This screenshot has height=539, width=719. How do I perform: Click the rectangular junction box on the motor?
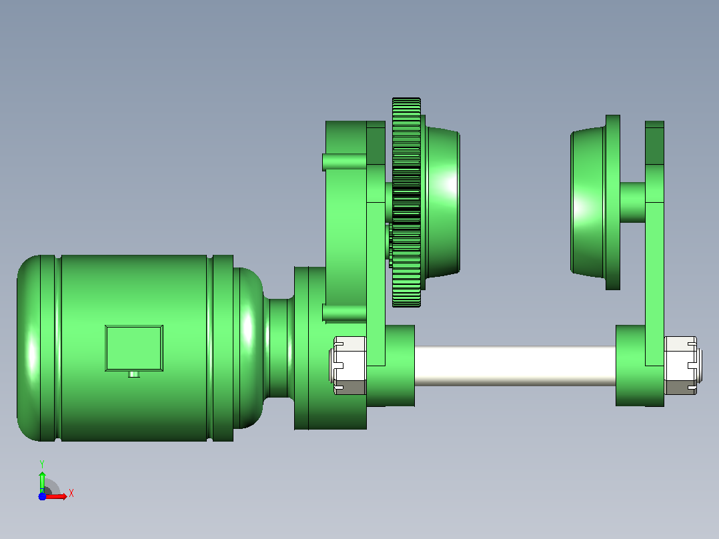point(134,348)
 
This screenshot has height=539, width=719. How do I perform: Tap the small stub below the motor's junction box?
point(134,374)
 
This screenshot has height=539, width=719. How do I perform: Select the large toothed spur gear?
point(406,202)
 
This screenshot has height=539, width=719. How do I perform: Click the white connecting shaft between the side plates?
point(515,366)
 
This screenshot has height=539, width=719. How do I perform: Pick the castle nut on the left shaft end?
point(348,366)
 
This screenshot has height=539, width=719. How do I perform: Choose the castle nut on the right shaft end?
point(682,366)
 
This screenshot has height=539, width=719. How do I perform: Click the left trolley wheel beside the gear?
point(442,202)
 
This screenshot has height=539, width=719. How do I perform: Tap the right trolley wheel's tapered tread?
point(588,202)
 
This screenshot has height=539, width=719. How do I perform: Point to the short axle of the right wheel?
point(632,202)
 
